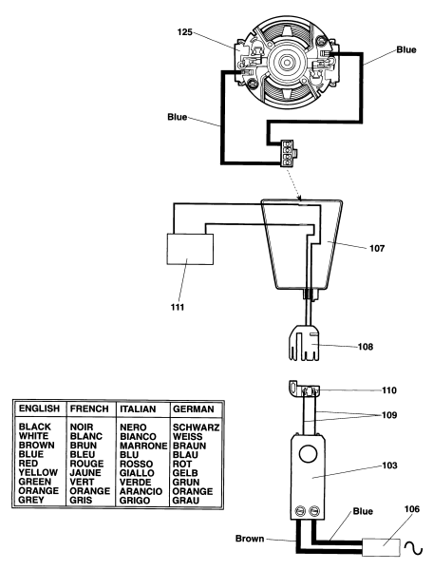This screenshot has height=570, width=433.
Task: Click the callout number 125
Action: pos(184,32)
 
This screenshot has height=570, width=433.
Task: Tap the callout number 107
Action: pos(377,248)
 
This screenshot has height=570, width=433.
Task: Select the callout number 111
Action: pos(178,307)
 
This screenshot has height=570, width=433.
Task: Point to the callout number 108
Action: pos(366,347)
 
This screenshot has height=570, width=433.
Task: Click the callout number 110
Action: pos(389,390)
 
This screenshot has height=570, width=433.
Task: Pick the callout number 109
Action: pos(389,415)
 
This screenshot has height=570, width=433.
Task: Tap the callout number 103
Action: pos(389,465)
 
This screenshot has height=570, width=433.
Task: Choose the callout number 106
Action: pos(412,509)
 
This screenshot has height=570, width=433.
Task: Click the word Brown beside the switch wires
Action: pos(250,539)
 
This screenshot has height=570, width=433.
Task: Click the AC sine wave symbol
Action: pos(413,548)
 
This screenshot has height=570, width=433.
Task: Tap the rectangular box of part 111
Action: pos(190,249)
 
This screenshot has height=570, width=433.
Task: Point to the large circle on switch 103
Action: pos(308,454)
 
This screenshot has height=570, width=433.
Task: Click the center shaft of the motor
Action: pos(287,63)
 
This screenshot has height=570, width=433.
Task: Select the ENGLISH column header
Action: pos(39,408)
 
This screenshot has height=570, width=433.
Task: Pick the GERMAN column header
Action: pos(194,408)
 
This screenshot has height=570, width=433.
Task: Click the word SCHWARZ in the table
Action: pos(196,427)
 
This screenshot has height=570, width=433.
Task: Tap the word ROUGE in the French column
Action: pos(86,464)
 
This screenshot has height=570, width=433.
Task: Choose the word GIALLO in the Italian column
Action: pos(137,473)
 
